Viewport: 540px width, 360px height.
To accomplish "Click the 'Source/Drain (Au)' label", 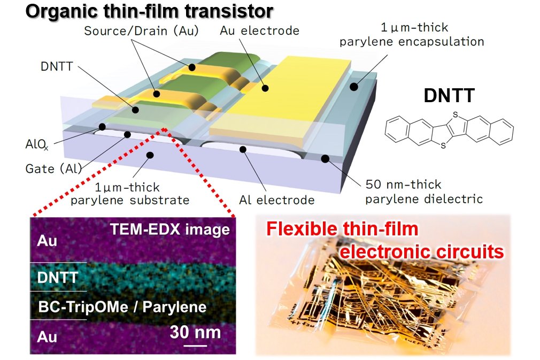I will pos(141,31).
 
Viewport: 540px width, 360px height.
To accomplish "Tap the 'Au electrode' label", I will pos(259,31).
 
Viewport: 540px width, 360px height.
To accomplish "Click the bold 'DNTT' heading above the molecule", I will pos(448,96).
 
